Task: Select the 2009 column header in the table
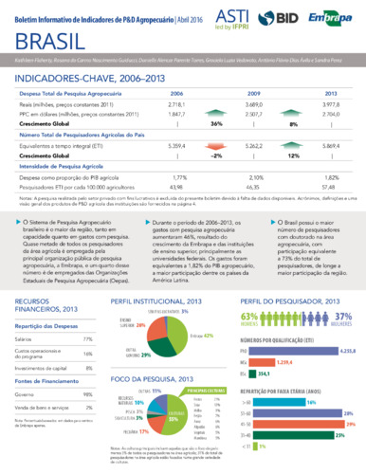(255, 95)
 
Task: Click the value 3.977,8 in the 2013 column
(331, 105)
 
